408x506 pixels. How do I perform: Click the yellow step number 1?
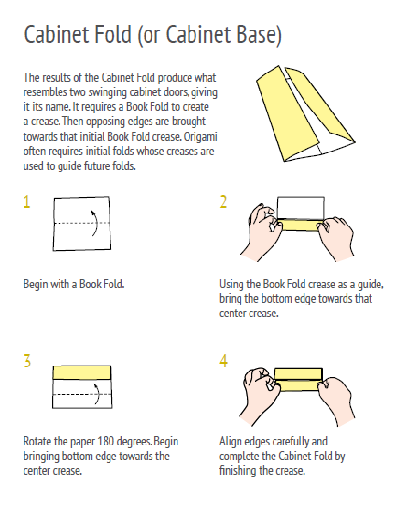click(x=27, y=202)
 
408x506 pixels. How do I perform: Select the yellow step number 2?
click(x=223, y=202)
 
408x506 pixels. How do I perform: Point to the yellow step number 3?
click(x=27, y=361)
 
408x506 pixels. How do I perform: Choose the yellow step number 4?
click(x=223, y=361)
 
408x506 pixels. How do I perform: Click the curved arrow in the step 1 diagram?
click(x=96, y=223)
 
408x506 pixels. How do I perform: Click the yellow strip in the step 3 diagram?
click(x=82, y=372)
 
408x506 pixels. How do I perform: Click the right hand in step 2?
click(x=336, y=237)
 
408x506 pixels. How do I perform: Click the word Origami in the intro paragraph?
click(x=201, y=137)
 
